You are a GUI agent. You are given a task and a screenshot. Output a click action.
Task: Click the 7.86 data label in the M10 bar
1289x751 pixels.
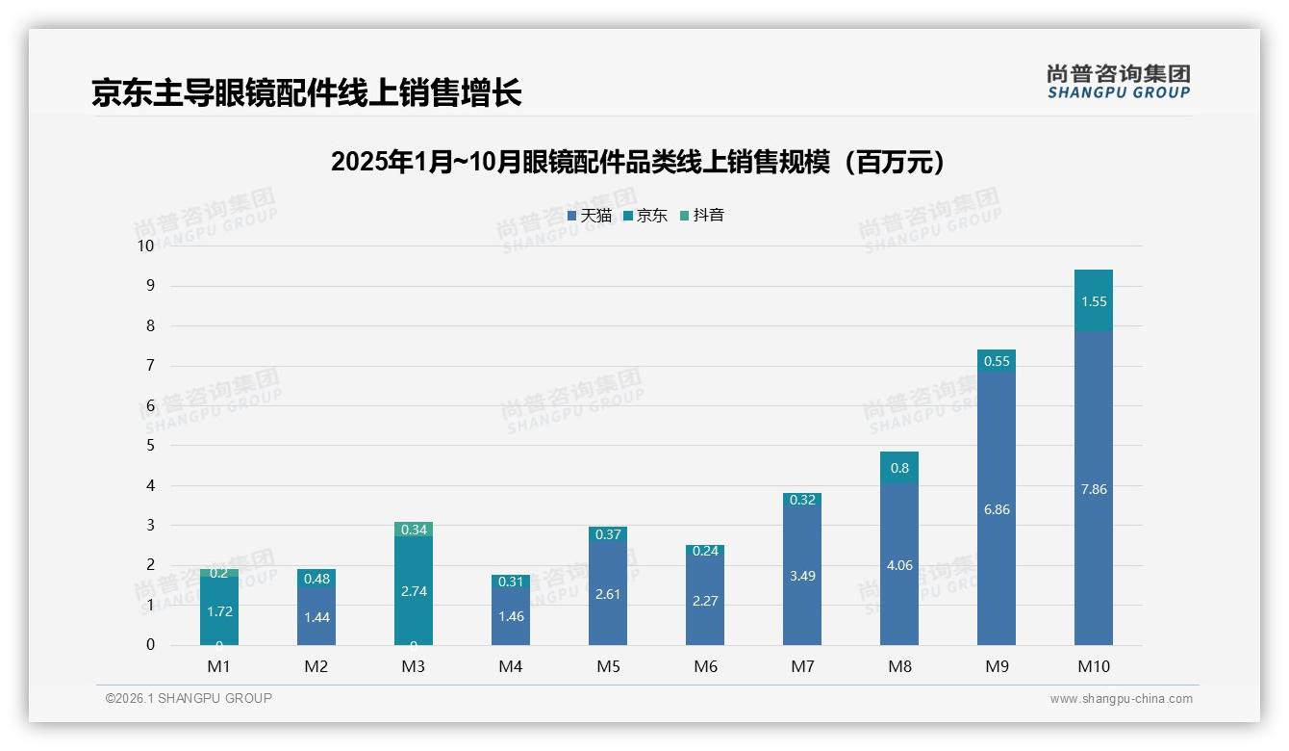click(1094, 489)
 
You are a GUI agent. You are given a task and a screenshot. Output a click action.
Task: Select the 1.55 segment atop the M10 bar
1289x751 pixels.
click(1094, 301)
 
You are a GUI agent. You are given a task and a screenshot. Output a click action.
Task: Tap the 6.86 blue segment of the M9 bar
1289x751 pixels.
click(997, 509)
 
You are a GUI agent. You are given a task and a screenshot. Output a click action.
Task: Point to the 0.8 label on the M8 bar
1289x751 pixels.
click(899, 468)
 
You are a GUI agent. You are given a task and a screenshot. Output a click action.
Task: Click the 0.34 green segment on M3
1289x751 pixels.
click(414, 530)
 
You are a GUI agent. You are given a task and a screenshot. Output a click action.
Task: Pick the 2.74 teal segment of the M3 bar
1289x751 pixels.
click(414, 591)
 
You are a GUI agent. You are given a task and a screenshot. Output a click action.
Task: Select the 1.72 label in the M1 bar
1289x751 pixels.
click(219, 611)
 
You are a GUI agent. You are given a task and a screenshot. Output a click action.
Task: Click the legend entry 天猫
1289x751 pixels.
click(590, 216)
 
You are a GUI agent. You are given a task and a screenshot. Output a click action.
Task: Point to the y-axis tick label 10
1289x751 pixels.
click(145, 246)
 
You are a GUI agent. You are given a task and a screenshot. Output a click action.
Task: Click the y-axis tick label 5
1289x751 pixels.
click(150, 445)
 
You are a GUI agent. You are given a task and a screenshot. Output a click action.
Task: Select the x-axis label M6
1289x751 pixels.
click(705, 666)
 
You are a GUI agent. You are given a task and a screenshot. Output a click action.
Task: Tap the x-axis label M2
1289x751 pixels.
click(316, 666)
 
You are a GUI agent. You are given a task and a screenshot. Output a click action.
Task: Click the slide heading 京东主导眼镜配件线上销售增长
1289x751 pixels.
click(307, 92)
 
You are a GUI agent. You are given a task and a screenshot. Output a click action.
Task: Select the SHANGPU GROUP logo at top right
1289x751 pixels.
click(1118, 82)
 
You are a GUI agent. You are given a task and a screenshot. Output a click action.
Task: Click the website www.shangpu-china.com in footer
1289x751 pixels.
click(1121, 699)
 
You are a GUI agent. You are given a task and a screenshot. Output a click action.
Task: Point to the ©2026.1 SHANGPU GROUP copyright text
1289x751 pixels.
click(189, 698)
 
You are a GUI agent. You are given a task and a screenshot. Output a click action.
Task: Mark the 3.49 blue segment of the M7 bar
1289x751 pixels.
click(802, 576)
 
